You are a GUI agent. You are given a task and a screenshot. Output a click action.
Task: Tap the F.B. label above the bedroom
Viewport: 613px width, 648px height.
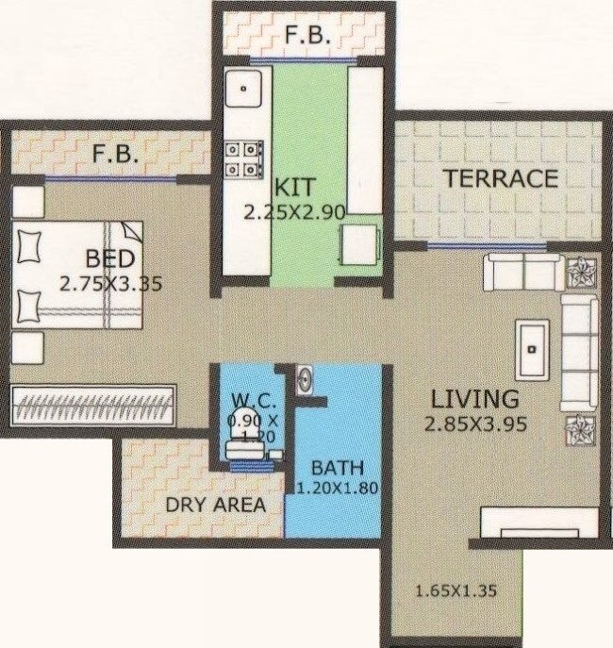116,153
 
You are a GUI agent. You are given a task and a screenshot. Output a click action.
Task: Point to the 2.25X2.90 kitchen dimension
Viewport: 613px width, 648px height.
294,212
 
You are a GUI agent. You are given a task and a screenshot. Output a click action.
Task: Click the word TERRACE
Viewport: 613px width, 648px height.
501,179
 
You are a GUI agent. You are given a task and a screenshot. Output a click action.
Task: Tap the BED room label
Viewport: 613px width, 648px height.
110,258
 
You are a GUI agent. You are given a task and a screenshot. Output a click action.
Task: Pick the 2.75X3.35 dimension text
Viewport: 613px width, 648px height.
103,284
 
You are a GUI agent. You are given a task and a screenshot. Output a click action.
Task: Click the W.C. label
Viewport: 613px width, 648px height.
246,400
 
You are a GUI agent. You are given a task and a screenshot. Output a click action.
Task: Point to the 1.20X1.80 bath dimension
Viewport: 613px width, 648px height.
337,489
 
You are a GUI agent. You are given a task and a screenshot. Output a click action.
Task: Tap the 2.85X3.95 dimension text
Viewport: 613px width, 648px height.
469,424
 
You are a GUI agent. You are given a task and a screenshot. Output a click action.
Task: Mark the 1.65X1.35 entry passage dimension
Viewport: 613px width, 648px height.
456,591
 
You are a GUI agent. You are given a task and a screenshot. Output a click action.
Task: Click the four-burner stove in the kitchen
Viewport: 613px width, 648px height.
244,159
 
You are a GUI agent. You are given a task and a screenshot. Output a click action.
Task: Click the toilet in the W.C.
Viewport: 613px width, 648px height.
247,451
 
